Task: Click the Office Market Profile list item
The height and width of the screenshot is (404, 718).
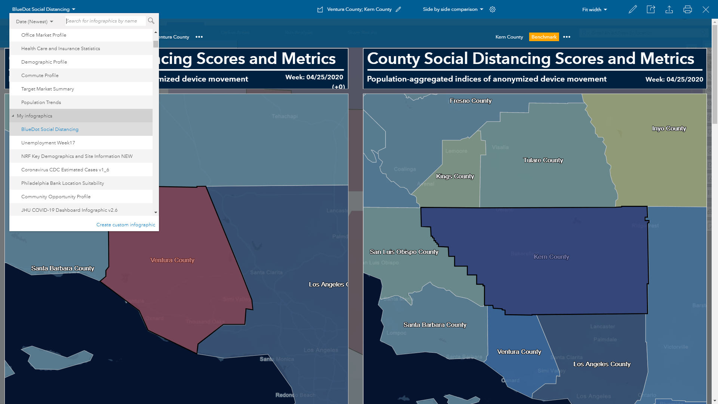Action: click(x=44, y=35)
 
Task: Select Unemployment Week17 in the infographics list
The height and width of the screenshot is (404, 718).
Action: click(x=48, y=143)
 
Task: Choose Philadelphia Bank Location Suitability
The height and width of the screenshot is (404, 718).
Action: click(x=62, y=183)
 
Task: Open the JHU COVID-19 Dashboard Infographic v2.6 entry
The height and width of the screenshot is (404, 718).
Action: click(x=69, y=210)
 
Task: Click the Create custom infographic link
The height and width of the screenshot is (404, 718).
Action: click(x=126, y=225)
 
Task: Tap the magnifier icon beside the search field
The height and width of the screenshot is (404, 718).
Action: click(x=151, y=21)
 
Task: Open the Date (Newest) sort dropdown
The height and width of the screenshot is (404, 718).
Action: click(x=34, y=22)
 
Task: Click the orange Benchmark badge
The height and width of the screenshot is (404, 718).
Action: click(x=544, y=37)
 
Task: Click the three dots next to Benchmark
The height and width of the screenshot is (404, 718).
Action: click(x=567, y=37)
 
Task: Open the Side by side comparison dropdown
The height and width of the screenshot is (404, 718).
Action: click(x=453, y=9)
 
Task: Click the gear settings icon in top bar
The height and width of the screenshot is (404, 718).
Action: click(x=493, y=9)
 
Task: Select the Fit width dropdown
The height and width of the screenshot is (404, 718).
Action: click(x=594, y=10)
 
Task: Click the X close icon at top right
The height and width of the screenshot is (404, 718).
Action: click(x=706, y=10)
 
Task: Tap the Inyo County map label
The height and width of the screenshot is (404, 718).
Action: click(x=669, y=129)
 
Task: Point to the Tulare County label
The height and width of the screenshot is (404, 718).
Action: click(x=543, y=160)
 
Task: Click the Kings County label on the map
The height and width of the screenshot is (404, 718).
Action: click(x=455, y=177)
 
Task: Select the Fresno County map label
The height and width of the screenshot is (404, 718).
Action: click(x=470, y=101)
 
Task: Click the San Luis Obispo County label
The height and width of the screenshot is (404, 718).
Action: click(x=404, y=252)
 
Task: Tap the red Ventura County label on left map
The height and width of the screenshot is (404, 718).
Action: click(x=172, y=260)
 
